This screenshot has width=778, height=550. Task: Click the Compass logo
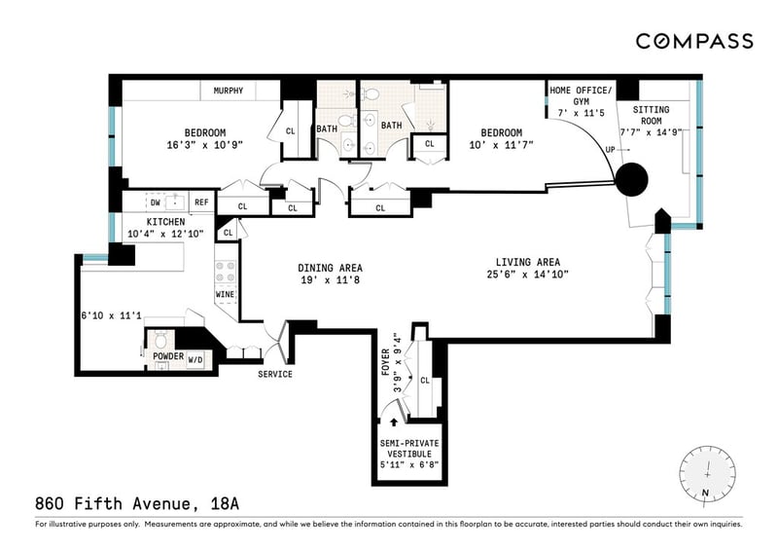[694, 41]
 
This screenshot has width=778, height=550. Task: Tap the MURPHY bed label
[229, 91]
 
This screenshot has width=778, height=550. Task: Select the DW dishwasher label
[156, 202]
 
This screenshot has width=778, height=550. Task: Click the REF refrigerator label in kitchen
[201, 202]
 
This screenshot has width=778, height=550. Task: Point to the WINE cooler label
[226, 294]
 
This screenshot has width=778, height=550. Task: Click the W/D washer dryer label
[195, 360]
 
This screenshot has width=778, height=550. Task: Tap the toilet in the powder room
[160, 340]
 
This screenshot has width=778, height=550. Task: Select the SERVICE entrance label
[275, 374]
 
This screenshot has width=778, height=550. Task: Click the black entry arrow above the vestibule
[394, 422]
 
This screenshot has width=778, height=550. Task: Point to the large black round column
[631, 180]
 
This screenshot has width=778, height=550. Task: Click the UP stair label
[610, 150]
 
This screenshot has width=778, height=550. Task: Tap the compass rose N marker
[704, 493]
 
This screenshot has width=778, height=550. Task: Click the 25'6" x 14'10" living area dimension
[527, 274]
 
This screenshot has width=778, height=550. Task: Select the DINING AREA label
[330, 268]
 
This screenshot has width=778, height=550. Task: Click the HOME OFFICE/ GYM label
[581, 96]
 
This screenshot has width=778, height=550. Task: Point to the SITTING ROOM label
[651, 115]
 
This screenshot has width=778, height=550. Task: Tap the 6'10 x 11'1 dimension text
[111, 315]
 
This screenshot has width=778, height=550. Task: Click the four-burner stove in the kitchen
[226, 273]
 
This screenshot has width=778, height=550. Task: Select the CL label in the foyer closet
[425, 381]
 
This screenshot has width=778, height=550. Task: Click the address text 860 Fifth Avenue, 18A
[137, 504]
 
